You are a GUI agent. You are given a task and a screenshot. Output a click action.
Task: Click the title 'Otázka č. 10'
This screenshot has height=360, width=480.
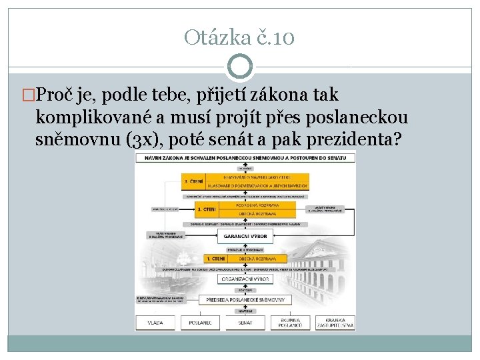(x=239, y=37)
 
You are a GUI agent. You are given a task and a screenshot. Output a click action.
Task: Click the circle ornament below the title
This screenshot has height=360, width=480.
(x=239, y=67)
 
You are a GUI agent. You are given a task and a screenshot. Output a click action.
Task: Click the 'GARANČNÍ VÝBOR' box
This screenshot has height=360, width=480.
(x=245, y=236)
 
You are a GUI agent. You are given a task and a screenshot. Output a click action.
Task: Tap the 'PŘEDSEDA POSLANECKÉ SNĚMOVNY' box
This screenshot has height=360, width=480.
(x=245, y=300)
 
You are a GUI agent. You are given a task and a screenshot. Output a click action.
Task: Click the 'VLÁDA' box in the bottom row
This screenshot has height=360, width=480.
(x=156, y=322)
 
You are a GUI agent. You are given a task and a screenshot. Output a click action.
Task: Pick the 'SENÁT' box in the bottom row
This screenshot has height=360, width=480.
(x=245, y=322)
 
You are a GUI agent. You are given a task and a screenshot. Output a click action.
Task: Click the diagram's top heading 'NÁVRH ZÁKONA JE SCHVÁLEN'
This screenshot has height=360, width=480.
(x=245, y=158)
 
